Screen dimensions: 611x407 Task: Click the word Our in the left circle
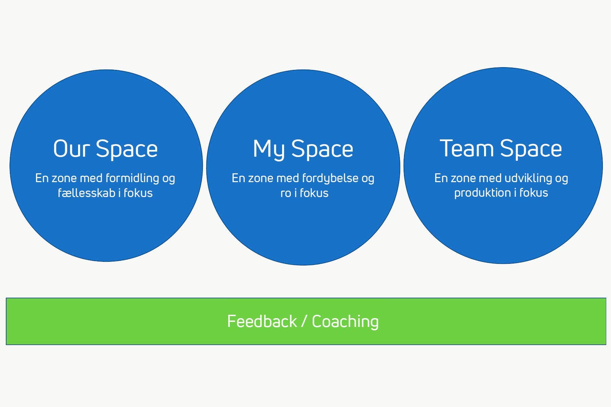tap(71, 148)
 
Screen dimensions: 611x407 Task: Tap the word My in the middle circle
tap(269, 149)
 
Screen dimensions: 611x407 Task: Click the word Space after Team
tap(531, 149)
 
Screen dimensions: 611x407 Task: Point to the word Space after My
tap(322, 150)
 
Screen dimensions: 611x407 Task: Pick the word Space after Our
tap(127, 150)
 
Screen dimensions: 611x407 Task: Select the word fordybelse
tap(330, 178)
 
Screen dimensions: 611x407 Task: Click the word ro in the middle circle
tap(285, 193)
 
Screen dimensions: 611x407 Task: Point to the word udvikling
tap(528, 178)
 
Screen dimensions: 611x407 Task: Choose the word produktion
tap(482, 193)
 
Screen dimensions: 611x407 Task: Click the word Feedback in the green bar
tap(262, 321)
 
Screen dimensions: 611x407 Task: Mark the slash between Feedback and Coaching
tap(304, 321)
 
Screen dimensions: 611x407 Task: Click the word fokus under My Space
tap(314, 193)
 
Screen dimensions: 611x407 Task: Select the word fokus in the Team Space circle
tap(534, 193)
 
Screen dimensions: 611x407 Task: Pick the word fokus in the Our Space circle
tap(138, 193)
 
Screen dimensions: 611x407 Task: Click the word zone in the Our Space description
tap(64, 179)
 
